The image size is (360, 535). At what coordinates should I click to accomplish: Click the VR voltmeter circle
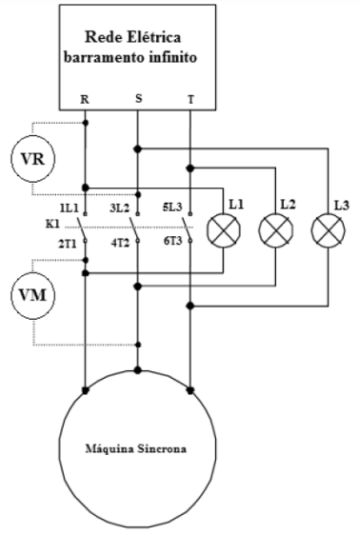click(33, 160)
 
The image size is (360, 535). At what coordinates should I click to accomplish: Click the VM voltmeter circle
click(33, 295)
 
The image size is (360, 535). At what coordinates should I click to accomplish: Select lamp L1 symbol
click(224, 230)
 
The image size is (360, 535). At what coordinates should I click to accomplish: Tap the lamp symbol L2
click(276, 230)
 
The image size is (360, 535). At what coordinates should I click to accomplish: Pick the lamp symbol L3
click(329, 230)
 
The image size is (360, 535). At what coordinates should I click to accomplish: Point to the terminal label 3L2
click(119, 208)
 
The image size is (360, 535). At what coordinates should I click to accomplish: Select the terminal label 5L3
click(172, 208)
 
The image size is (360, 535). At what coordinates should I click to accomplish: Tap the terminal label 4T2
click(120, 244)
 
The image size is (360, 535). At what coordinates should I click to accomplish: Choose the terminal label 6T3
click(172, 241)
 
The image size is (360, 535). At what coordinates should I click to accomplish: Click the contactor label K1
click(53, 224)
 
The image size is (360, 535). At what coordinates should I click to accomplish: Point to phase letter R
click(85, 100)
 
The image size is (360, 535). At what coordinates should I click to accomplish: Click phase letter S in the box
click(138, 98)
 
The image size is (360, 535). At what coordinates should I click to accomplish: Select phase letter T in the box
click(190, 100)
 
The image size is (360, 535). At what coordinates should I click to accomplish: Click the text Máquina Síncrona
click(136, 448)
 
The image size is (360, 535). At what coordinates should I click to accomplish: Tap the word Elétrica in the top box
click(153, 37)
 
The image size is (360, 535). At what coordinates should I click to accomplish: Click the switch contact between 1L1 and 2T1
click(82, 228)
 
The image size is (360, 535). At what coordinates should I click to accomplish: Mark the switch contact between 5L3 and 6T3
click(188, 228)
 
